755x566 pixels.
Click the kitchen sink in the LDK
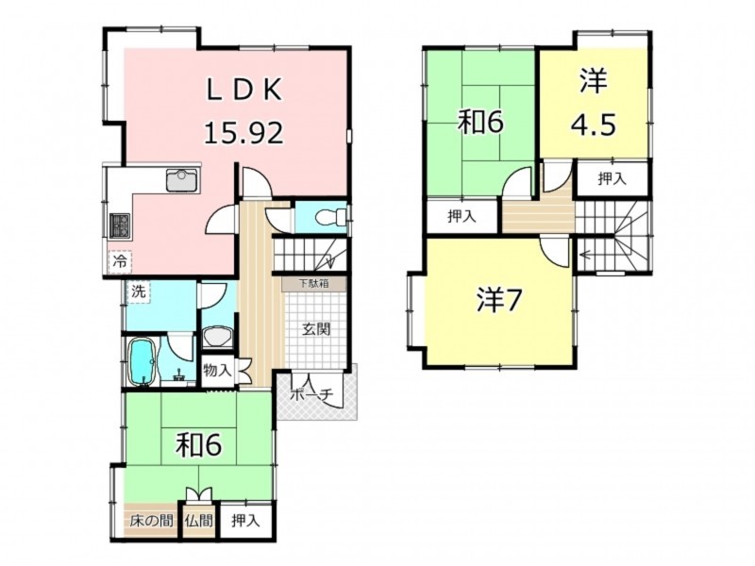183,180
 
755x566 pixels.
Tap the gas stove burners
120,225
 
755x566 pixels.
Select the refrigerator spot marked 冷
121,262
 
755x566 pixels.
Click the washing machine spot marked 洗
139,291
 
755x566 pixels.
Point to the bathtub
143,361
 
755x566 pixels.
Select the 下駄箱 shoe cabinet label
314,284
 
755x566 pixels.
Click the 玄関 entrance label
316,329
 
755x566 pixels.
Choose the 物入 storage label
217,371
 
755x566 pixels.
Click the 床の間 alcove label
152,521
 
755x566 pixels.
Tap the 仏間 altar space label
199,521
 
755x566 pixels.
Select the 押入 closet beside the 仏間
245,521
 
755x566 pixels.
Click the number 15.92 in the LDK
243,133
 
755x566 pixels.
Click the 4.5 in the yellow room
594,125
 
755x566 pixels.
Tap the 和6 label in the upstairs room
480,123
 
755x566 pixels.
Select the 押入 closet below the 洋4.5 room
612,179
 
